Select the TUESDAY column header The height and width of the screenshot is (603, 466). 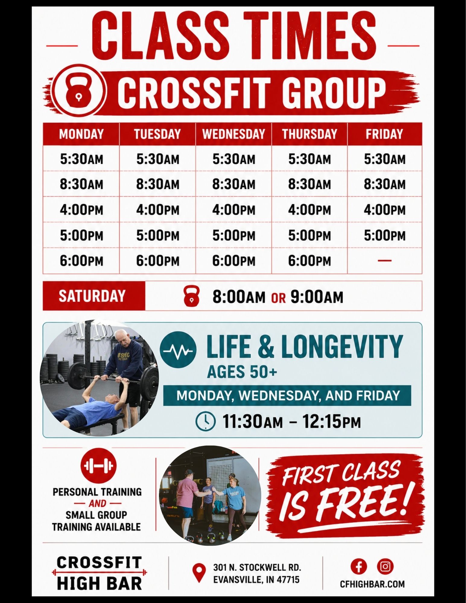tap(157, 134)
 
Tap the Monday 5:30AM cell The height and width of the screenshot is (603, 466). tap(81, 159)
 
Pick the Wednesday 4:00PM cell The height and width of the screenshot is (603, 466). tap(234, 210)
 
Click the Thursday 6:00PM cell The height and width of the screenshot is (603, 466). tap(309, 261)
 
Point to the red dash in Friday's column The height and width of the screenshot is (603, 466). tap(385, 260)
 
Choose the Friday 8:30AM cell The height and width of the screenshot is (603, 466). tap(385, 184)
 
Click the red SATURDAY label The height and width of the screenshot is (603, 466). tap(92, 296)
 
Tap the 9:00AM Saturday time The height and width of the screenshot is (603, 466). tap(317, 297)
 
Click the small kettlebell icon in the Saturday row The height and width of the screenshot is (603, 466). tap(192, 297)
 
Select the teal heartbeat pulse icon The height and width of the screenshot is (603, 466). tap(178, 350)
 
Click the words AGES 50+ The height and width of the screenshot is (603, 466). tap(242, 371)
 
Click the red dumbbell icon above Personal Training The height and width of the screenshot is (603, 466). tap(98, 465)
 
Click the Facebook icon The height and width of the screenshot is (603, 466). tap(359, 566)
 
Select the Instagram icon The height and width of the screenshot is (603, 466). tap(385, 566)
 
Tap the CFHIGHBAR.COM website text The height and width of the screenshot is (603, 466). tap(372, 584)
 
